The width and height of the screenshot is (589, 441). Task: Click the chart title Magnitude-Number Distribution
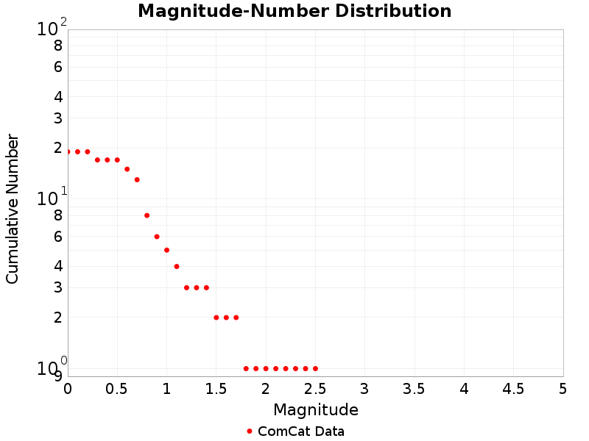pos(294,11)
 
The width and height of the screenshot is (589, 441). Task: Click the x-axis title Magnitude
pos(315,409)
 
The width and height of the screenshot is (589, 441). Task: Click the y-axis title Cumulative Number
pos(13,209)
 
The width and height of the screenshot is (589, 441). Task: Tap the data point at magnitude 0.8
pos(147,215)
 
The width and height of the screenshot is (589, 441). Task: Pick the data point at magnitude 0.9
pos(157,237)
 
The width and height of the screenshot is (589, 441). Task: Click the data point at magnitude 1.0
pos(167,250)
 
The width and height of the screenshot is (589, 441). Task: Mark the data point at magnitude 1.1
pos(177,266)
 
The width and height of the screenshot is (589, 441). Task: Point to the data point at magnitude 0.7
pos(137,179)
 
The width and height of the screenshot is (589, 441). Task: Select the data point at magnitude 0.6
pos(127,169)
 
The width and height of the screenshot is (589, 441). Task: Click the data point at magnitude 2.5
pos(315,368)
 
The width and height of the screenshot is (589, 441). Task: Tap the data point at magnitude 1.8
pos(246,368)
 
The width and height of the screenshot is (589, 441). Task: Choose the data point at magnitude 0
pos(68,151)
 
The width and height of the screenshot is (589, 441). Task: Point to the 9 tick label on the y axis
pos(57,376)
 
